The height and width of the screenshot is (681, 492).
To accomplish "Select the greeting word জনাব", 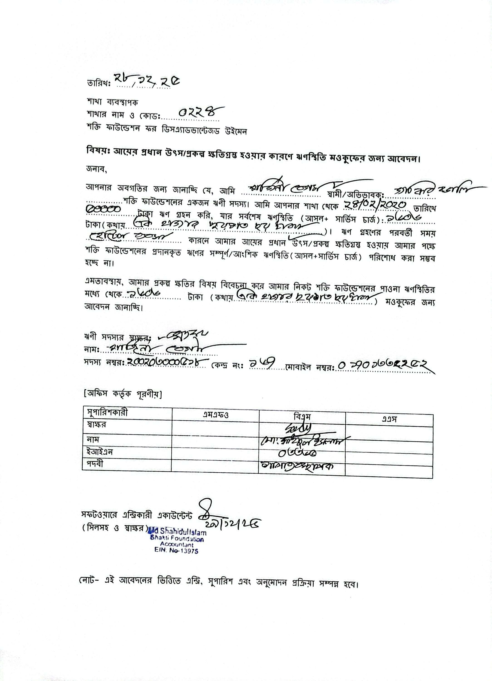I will click(x=96, y=170).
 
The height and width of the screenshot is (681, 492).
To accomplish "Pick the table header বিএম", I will click(x=302, y=417).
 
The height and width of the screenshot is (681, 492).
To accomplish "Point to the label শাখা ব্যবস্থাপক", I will click(x=112, y=102).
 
